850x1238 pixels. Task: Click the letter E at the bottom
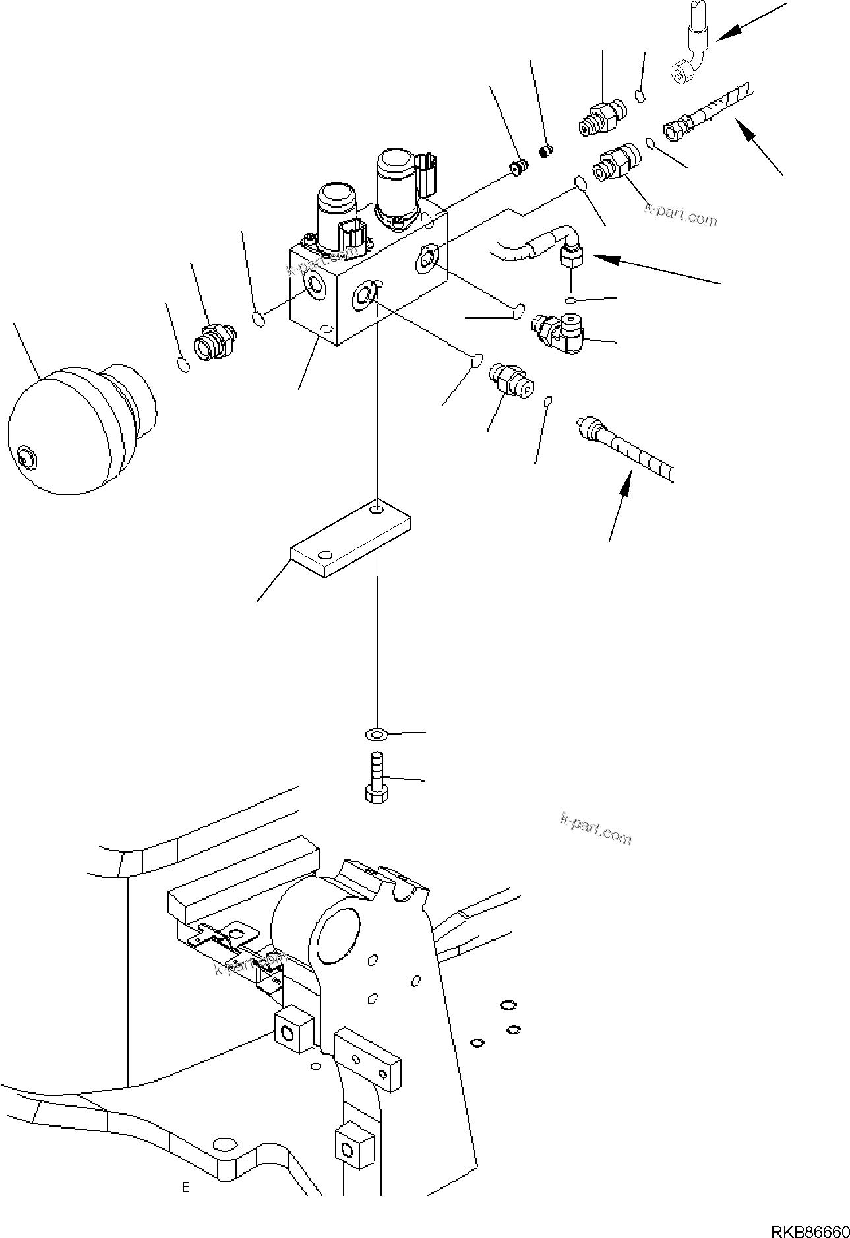(x=186, y=1187)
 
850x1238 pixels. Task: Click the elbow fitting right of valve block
(x=559, y=330)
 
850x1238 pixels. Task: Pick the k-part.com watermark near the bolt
(x=595, y=828)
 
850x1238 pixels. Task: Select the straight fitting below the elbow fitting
(x=511, y=383)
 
